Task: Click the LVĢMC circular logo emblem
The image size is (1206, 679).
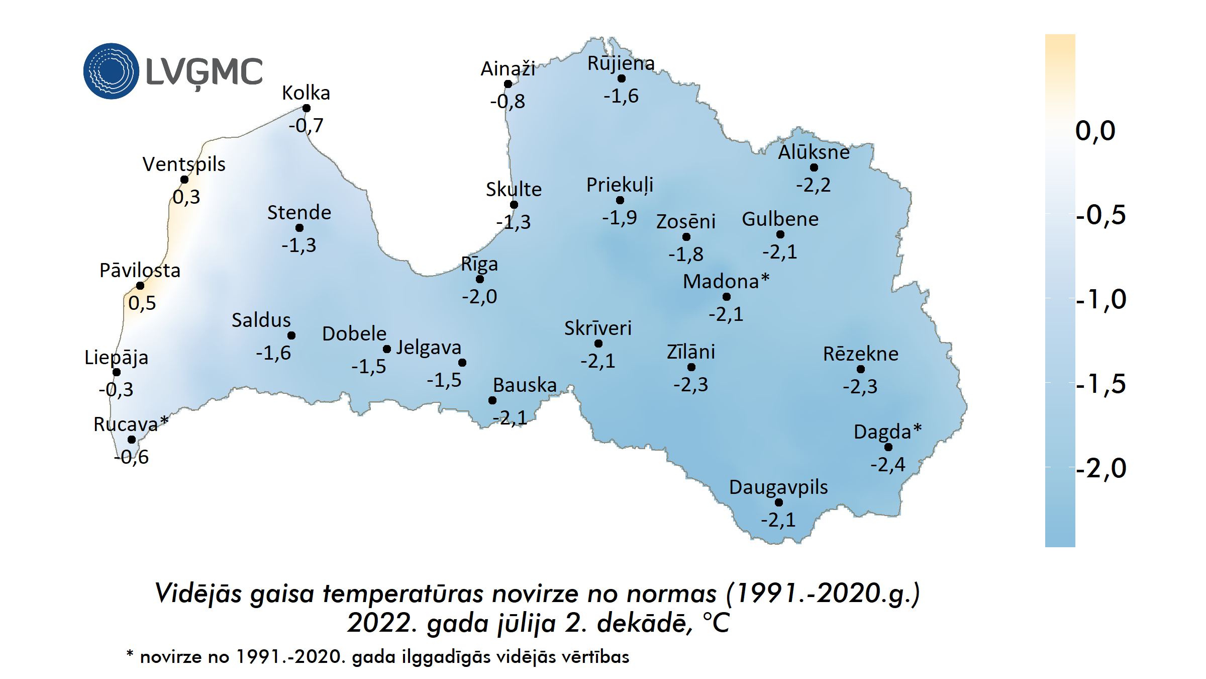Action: pyautogui.click(x=111, y=71)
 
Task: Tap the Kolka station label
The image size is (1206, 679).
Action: pyautogui.click(x=306, y=93)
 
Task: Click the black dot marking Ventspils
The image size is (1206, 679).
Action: pyautogui.click(x=184, y=180)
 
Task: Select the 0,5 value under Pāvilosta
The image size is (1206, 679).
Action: pyautogui.click(x=142, y=303)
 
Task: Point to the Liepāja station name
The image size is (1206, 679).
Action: pyautogui.click(x=116, y=358)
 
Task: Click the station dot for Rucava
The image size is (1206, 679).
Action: pyautogui.click(x=132, y=440)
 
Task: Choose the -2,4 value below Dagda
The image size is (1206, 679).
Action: pyautogui.click(x=888, y=464)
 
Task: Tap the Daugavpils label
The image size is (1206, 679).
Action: pyautogui.click(x=778, y=487)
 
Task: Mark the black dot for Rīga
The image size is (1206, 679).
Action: pyautogui.click(x=480, y=279)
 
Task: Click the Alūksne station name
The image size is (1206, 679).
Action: pyautogui.click(x=814, y=152)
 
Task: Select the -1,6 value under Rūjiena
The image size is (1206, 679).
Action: pyautogui.click(x=621, y=96)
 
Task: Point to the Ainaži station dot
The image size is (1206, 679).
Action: pyautogui.click(x=508, y=84)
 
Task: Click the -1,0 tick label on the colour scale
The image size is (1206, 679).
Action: pyautogui.click(x=1101, y=300)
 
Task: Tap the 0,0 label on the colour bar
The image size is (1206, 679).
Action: pyautogui.click(x=1095, y=131)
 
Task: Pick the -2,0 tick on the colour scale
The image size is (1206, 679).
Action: pyautogui.click(x=1101, y=468)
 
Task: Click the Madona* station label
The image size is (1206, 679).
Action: pyautogui.click(x=726, y=282)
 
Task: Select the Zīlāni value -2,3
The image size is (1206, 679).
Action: pyautogui.click(x=691, y=385)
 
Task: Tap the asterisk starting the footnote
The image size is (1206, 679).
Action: pyautogui.click(x=130, y=654)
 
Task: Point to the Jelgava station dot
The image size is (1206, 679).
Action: pyautogui.click(x=462, y=363)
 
